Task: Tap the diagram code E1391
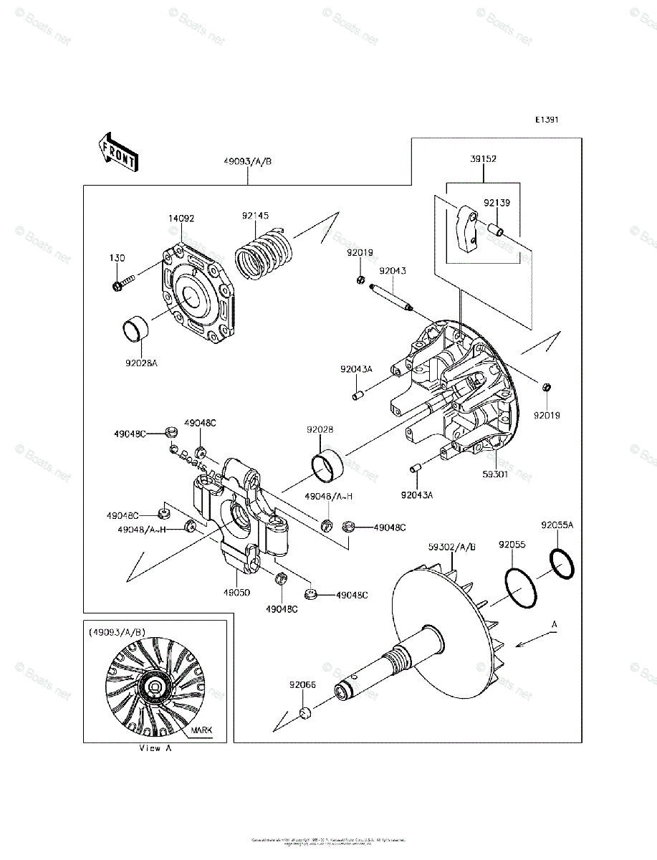pos(545,120)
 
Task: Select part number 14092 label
pos(181,218)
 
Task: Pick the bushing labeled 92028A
pos(137,331)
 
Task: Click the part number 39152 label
pos(484,160)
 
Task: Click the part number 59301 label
pos(495,474)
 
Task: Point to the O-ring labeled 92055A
pos(562,563)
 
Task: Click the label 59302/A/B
pos(452,546)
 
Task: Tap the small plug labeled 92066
pos(304,713)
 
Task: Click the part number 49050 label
pos(236,594)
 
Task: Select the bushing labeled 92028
pos(328,465)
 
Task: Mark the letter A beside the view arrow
pos(554,625)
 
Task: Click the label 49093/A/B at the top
pos(247,162)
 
